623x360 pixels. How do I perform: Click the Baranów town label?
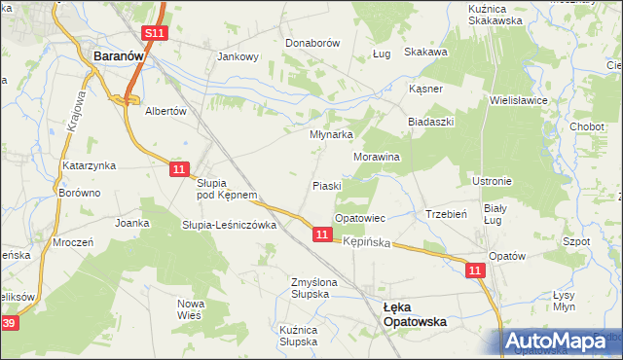[x=118, y=57]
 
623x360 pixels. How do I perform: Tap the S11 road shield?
[x=153, y=34]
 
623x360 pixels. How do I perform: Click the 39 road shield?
[x=9, y=323]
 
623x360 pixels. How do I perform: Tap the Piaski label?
[x=326, y=185]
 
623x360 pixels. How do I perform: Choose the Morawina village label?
[x=377, y=156]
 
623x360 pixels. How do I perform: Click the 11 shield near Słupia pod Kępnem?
[x=177, y=169]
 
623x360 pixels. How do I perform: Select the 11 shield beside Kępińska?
[x=322, y=234]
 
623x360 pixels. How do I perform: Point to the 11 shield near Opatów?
[x=474, y=270]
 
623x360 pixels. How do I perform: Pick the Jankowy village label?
[x=238, y=56]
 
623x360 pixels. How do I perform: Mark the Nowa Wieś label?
[x=190, y=309]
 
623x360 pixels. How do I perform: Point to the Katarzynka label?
[x=90, y=165]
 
